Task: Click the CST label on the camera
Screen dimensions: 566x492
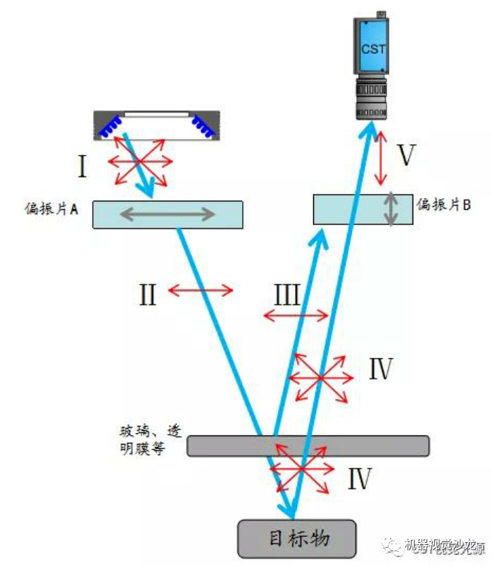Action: (373, 49)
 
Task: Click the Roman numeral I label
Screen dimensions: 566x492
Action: (82, 168)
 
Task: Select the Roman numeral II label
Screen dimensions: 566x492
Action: (147, 294)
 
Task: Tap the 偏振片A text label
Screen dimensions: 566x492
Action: (51, 209)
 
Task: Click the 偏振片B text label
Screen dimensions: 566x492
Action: (443, 204)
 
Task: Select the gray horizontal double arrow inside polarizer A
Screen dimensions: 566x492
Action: (167, 214)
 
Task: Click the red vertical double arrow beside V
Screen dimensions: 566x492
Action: (381, 158)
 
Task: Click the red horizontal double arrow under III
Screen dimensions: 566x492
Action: (296, 315)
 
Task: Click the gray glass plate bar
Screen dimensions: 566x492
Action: (308, 445)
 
